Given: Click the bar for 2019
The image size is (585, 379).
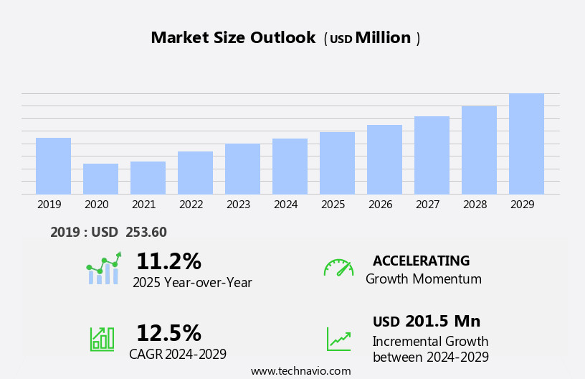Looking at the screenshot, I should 53,166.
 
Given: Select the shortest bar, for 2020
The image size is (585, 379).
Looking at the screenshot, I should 100,179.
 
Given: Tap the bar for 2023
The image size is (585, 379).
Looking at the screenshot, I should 242,169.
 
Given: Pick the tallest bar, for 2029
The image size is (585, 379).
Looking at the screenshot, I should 526,144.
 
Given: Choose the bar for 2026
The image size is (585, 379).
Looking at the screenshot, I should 384,159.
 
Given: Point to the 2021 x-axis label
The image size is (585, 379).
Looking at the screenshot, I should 144,205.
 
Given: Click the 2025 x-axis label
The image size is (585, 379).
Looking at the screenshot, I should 333,205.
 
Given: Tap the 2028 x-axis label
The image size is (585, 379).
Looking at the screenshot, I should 475,205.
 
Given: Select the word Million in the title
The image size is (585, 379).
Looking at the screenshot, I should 383,38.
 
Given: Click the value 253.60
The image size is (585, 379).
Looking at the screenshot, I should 146,232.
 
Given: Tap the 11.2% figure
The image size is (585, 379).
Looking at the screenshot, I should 168,261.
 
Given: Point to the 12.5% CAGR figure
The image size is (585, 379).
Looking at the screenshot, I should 168,333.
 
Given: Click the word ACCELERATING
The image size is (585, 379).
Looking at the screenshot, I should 421,261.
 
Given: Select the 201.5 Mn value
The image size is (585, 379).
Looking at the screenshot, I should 442,321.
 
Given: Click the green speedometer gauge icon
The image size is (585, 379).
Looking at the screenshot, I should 338,268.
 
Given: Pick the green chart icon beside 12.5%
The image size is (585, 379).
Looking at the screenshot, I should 102,338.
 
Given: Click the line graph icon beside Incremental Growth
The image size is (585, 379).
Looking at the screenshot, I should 338,339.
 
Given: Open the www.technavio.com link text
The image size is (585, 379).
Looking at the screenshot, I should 300,371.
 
